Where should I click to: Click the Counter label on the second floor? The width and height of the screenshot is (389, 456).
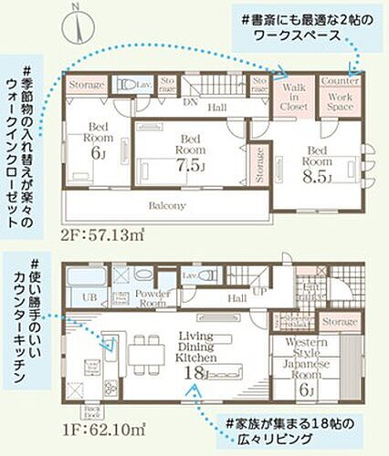coord(341,81)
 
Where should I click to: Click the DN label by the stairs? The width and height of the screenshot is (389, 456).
coord(190,102)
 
